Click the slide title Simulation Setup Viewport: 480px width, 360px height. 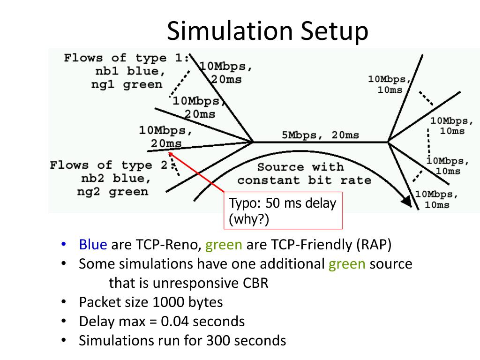(x=268, y=31)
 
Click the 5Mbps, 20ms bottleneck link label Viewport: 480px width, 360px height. (x=320, y=135)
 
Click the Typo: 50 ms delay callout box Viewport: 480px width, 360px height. (x=283, y=210)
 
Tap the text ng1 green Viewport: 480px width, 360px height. (x=127, y=85)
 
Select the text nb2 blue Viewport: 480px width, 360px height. (x=116, y=179)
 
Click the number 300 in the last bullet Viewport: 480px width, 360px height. (x=218, y=340)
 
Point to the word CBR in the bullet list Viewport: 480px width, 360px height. (x=255, y=284)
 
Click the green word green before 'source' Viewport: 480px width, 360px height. (x=347, y=264)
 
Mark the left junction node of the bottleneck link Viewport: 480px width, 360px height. (x=253, y=141)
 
